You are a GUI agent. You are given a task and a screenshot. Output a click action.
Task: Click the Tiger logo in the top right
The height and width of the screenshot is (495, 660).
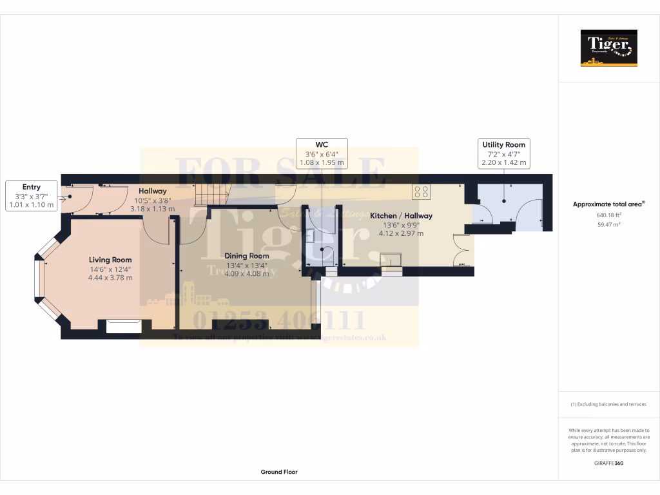608,48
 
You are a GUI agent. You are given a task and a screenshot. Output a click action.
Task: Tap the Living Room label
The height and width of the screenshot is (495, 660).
110,260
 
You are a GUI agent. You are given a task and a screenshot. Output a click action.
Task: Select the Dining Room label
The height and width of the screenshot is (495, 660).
247,256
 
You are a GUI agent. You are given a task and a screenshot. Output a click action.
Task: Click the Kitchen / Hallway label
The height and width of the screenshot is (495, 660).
401,216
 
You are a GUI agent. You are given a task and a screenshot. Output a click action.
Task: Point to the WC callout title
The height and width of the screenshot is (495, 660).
322,144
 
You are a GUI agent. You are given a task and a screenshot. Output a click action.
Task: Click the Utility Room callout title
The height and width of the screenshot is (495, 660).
503,145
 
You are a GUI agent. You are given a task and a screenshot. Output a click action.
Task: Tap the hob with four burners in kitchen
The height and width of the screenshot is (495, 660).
422,191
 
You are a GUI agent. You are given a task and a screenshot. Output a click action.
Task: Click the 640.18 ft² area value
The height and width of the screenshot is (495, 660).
608,215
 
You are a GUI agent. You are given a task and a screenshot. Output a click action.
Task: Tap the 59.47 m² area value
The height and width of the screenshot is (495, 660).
608,225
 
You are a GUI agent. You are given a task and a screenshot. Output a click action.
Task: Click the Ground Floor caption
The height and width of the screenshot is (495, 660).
279,472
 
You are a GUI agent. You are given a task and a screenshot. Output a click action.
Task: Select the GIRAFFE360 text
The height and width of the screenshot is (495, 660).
608,463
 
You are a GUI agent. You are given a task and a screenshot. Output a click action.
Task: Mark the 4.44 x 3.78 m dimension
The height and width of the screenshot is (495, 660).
110,278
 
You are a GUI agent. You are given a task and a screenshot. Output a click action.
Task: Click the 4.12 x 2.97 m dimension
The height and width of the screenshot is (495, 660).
401,233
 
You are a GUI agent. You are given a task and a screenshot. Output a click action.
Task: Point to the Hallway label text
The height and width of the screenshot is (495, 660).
153,191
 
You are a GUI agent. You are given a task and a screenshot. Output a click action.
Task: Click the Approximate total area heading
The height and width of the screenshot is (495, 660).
608,204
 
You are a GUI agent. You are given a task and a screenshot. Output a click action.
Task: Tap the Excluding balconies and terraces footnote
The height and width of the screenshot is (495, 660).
608,404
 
